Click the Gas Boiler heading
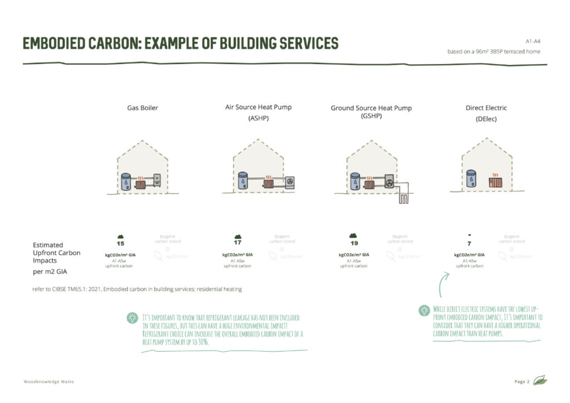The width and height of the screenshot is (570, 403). point(142,108)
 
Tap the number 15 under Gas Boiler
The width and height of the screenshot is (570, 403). point(120,244)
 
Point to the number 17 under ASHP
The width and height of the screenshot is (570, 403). point(238,243)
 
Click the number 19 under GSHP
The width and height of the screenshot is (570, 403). point(354,243)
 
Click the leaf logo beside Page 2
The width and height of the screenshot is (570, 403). point(540,381)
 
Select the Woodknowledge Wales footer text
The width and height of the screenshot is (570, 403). point(49,381)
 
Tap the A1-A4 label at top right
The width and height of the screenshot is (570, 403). point(533,42)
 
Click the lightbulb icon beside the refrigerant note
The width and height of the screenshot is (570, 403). point(132,318)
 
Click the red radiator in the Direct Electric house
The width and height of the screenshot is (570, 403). point(494,182)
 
